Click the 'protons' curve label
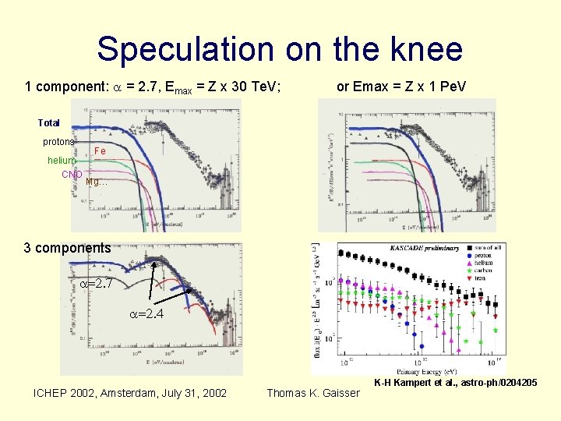point(58,142)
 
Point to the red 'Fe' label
point(99,150)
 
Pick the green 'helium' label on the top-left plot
point(62,161)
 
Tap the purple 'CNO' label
point(72,174)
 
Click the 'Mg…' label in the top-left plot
point(97,182)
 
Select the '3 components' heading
point(67,248)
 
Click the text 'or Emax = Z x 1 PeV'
point(400,87)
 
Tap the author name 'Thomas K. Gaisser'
point(313,393)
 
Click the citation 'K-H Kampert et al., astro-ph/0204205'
point(455,382)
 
